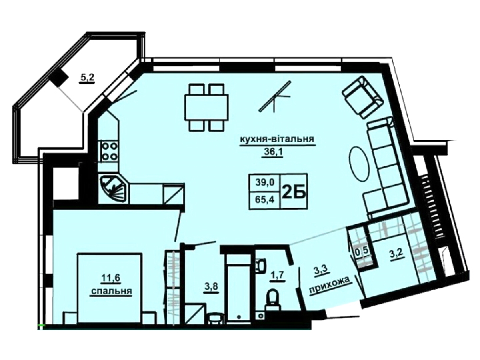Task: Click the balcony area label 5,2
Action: click(x=87, y=78)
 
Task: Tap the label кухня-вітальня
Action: click(x=277, y=139)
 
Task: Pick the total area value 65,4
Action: click(x=265, y=200)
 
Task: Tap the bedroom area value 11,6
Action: click(x=111, y=279)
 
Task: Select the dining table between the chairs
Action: click(x=206, y=107)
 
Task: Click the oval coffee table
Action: click(x=360, y=166)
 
